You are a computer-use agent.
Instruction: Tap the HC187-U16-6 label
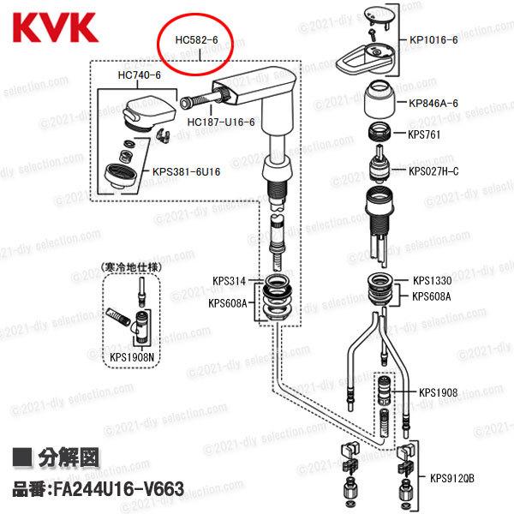click(220, 122)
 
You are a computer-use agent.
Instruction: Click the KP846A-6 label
click(433, 104)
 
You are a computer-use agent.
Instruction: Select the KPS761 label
click(425, 134)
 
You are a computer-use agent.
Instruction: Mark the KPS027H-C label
click(433, 171)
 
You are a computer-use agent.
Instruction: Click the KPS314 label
click(229, 281)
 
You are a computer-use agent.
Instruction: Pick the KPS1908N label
click(133, 359)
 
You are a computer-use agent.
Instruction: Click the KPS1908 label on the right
click(438, 393)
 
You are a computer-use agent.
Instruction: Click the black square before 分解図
click(24, 458)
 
